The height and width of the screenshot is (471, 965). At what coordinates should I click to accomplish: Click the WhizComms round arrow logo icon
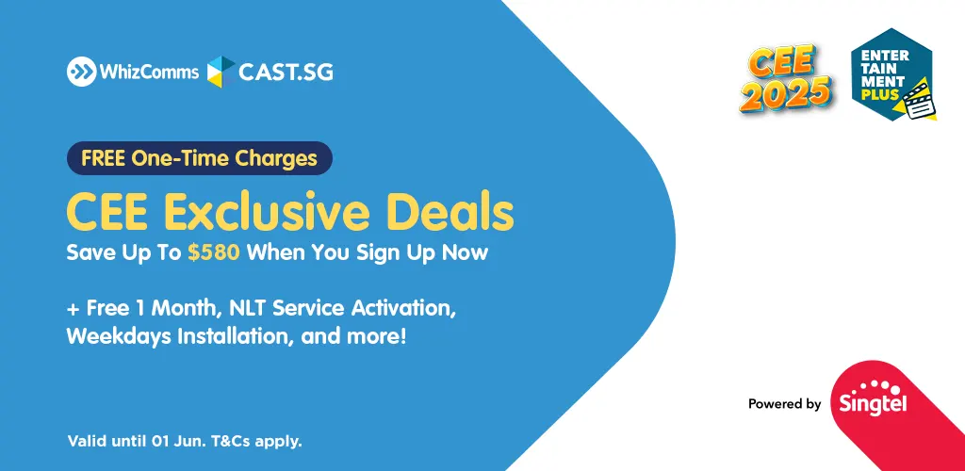81,72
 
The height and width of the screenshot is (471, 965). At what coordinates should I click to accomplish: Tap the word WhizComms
149,72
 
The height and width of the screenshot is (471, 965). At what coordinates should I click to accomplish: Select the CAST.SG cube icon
221,72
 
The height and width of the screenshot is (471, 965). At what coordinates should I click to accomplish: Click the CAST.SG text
286,72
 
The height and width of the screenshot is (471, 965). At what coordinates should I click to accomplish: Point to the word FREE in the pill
104,158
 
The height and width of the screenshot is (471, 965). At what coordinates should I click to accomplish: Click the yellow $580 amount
214,252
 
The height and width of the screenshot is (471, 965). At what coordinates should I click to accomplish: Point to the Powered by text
785,404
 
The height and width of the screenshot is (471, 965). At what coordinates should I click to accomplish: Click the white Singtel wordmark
873,406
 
